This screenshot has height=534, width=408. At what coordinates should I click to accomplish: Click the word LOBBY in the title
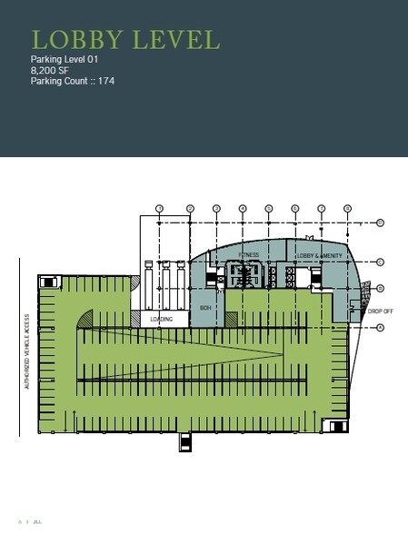click(x=73, y=40)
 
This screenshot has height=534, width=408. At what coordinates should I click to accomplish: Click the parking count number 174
click(x=105, y=81)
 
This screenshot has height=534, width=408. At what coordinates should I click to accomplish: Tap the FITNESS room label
click(x=250, y=255)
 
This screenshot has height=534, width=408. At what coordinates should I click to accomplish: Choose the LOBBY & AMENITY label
click(x=319, y=256)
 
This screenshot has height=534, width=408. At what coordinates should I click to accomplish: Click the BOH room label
click(x=205, y=308)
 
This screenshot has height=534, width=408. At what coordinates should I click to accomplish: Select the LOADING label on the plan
click(x=162, y=320)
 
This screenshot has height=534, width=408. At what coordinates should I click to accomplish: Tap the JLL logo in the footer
click(x=37, y=523)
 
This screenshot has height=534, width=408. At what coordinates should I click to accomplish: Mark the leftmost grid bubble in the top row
click(x=159, y=209)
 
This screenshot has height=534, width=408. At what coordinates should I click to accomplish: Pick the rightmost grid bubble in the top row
click(x=348, y=209)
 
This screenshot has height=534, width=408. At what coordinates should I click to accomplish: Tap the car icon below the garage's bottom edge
click(x=185, y=443)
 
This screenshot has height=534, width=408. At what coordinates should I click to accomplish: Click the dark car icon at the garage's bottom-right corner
click(x=338, y=425)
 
